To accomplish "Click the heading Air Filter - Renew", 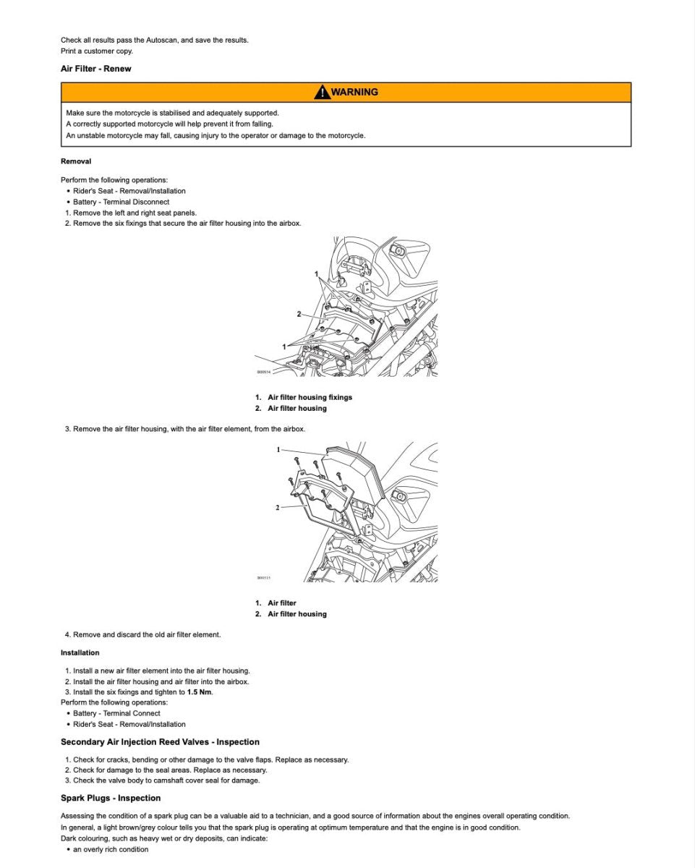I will point(95,69).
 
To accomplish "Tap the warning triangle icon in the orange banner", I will point(321,92).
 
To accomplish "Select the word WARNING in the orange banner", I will point(354,92).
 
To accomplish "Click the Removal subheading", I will point(76,161).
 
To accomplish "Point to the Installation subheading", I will point(80,652).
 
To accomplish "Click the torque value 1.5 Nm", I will point(200,692).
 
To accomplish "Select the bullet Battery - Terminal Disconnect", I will point(121,202).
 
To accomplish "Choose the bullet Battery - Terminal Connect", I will point(116,713).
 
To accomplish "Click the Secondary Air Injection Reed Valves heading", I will point(160,742).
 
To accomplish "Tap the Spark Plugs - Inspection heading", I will point(111,799).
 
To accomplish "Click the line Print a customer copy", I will point(97,51).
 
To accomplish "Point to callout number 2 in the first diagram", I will point(299,314).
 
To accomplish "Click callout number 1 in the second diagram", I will point(278,450).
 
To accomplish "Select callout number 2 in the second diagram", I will point(277,508).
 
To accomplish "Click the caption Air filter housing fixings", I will point(310,397).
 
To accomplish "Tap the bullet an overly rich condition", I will point(111,849).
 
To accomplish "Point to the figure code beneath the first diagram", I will point(263,373).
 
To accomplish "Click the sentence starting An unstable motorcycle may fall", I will point(216,135).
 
